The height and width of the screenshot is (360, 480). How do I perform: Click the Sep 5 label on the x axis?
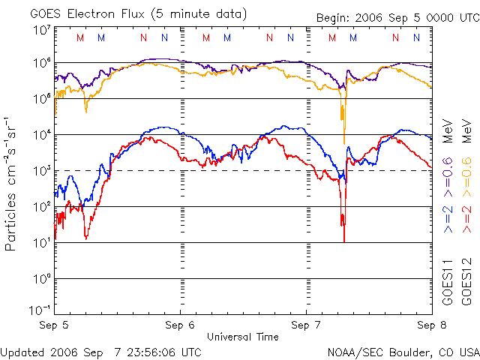coord(55,325)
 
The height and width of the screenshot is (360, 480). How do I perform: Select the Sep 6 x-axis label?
coord(181,325)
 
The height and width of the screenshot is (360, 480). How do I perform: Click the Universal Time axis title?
coord(242,337)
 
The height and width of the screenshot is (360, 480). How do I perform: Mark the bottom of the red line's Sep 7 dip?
coord(343,240)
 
